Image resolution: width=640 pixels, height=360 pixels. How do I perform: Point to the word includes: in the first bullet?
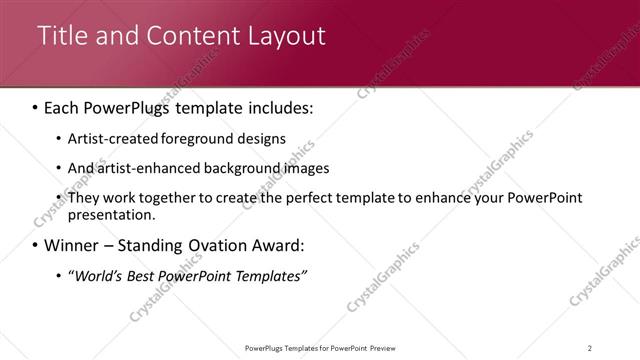coord(279,106)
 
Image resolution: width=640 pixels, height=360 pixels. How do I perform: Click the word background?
coord(239,168)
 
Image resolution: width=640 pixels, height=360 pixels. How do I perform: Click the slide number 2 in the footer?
coord(590,348)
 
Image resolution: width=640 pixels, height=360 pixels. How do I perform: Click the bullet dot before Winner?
coord(36,246)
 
